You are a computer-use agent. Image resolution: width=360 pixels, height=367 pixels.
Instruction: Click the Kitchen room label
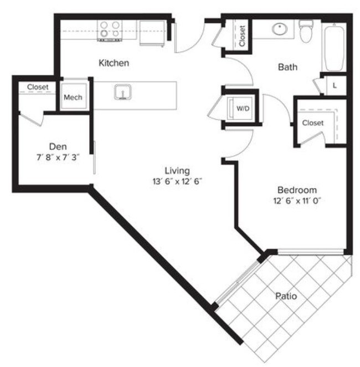click(x=114, y=63)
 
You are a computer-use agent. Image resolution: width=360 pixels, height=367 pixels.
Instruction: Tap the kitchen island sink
click(x=122, y=91)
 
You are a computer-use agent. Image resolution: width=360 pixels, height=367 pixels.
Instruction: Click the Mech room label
click(x=73, y=98)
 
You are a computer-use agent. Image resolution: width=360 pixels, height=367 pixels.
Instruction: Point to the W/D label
click(x=243, y=109)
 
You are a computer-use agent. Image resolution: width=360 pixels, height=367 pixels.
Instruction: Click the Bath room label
click(x=287, y=67)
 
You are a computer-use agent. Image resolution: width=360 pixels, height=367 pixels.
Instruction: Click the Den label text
click(x=58, y=146)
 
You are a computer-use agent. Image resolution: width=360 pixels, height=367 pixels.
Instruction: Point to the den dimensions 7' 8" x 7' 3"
click(x=58, y=157)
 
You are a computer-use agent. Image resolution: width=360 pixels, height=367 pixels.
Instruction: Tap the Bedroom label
click(x=297, y=189)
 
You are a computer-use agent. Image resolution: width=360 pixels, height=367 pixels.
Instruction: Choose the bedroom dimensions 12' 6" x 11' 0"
click(x=297, y=200)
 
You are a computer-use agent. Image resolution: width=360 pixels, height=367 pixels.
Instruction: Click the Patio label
click(x=286, y=297)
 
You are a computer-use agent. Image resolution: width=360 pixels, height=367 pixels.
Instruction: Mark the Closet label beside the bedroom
click(x=313, y=123)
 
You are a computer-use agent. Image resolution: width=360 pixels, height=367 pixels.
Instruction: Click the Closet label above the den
click(x=38, y=87)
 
